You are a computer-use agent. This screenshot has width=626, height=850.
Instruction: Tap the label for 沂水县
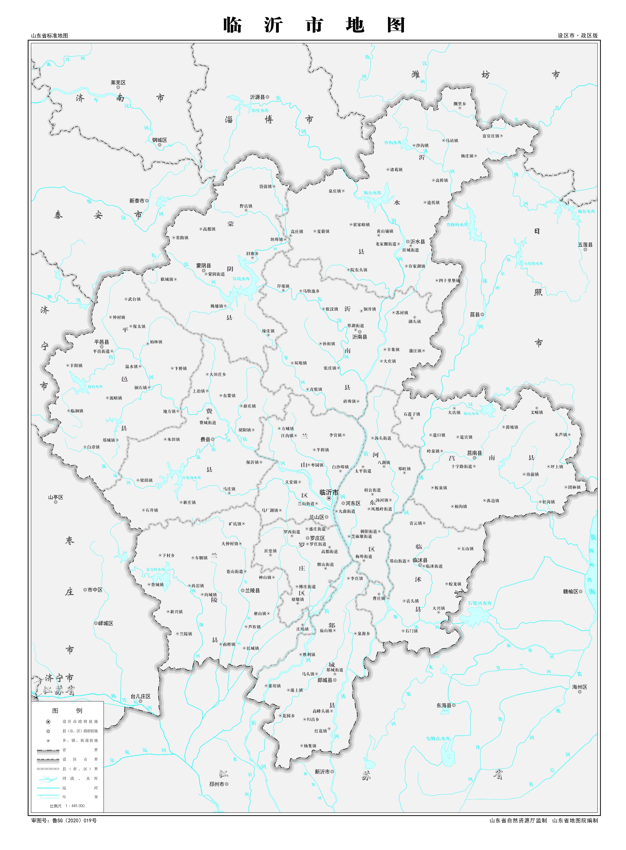click(417, 241)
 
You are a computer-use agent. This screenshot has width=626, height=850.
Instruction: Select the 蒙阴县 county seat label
click(203, 266)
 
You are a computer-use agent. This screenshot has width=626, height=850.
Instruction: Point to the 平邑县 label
click(102, 341)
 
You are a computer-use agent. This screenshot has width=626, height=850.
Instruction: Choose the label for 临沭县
click(420, 560)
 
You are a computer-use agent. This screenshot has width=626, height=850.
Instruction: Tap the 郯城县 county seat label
click(325, 680)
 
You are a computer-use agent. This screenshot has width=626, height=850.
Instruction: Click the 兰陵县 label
click(252, 590)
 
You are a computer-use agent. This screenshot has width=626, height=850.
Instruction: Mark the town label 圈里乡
click(460, 103)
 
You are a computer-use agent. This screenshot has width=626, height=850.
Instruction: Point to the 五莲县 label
click(585, 245)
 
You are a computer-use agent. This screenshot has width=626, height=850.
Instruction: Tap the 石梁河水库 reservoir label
click(479, 603)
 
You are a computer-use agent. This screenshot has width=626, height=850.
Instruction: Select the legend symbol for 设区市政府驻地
click(48, 722)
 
